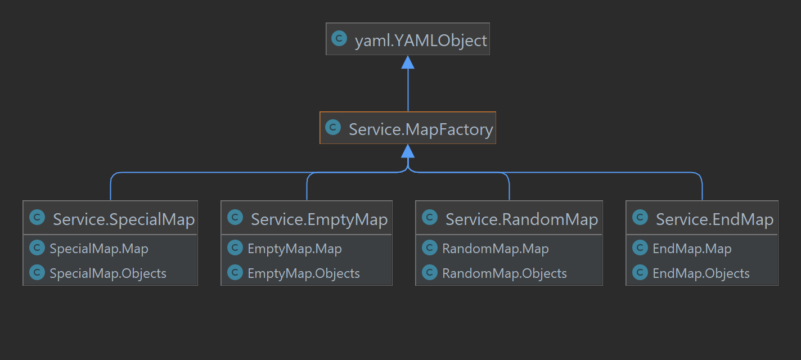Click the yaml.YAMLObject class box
point(407,39)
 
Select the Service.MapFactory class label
point(420,129)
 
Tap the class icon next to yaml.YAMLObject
point(339,39)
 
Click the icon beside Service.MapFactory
point(333,128)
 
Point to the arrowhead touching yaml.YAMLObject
point(408,62)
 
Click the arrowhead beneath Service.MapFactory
point(408,151)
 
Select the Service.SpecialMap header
point(123,219)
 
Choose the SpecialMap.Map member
point(98,249)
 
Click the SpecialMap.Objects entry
point(107,273)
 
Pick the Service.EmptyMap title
point(319,219)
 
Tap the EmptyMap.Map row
point(294,249)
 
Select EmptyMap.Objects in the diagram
point(303,273)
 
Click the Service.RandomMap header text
point(521,219)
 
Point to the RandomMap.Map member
point(495,249)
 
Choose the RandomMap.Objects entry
point(504,273)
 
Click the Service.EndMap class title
point(714,219)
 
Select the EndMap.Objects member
point(701,273)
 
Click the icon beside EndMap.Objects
point(640,273)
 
